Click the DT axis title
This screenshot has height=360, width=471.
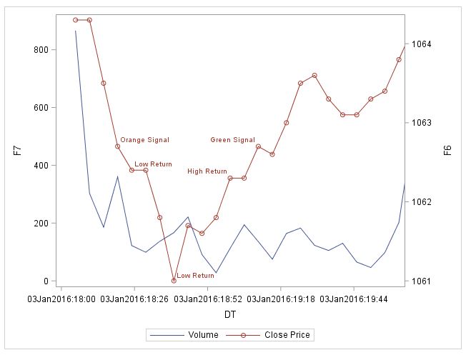tap(230, 314)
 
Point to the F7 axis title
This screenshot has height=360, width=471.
tap(17, 151)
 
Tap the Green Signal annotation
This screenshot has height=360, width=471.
tap(232, 140)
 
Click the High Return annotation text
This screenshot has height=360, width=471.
tap(207, 171)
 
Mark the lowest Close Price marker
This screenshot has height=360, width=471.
tap(174, 281)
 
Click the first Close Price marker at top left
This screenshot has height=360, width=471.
tap(76, 20)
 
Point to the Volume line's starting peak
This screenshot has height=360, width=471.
tap(76, 31)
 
